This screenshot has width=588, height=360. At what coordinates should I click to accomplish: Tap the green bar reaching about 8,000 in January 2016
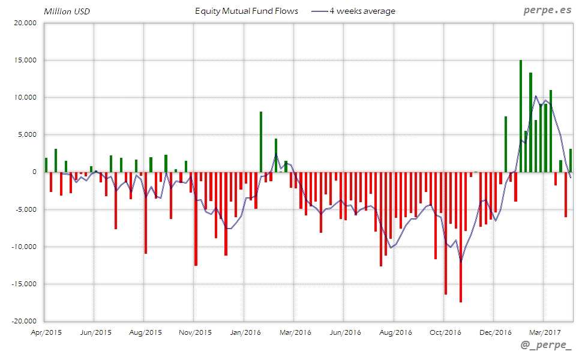261,142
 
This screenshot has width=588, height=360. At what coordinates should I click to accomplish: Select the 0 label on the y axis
34,172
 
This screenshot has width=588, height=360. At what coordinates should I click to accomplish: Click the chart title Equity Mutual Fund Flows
247,11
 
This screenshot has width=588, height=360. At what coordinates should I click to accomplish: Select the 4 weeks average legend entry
354,11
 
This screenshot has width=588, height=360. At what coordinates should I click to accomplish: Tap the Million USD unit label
67,11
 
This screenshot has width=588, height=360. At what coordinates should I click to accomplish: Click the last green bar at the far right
571,160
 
